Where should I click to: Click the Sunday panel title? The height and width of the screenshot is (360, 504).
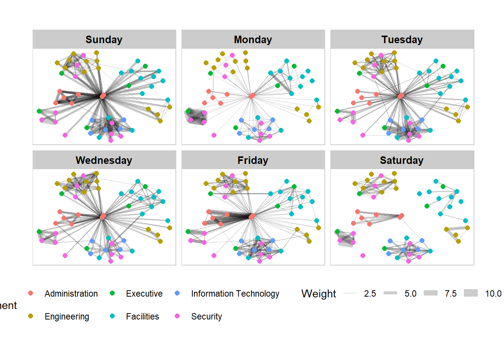(104, 40)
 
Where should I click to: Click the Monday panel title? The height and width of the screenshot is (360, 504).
(253, 40)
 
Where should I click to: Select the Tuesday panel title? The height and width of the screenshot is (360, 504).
(402, 40)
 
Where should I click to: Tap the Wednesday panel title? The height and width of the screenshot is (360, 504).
(104, 160)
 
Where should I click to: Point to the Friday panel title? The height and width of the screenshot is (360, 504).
(253, 160)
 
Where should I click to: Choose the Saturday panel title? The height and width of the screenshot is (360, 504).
(402, 160)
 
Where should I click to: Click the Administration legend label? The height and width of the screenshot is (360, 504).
(71, 294)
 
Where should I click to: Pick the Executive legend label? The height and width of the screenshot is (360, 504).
(144, 294)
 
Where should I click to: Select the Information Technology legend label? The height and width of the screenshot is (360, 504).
(235, 294)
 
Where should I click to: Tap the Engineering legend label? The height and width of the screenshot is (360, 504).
(67, 316)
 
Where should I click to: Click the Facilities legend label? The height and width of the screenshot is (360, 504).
(142, 316)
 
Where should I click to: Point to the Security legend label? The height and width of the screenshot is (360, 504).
(207, 316)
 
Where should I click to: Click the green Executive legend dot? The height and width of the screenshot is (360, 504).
(112, 293)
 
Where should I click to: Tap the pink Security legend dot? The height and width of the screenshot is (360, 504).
(177, 316)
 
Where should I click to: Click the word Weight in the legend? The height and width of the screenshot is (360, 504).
(319, 294)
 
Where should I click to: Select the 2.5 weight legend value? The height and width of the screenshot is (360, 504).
(370, 294)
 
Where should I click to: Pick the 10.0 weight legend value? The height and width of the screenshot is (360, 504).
(493, 294)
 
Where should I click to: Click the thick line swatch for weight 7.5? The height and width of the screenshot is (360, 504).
(430, 293)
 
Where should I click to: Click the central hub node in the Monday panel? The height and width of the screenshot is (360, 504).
(252, 96)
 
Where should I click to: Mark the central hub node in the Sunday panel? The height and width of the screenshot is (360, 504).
(103, 96)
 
